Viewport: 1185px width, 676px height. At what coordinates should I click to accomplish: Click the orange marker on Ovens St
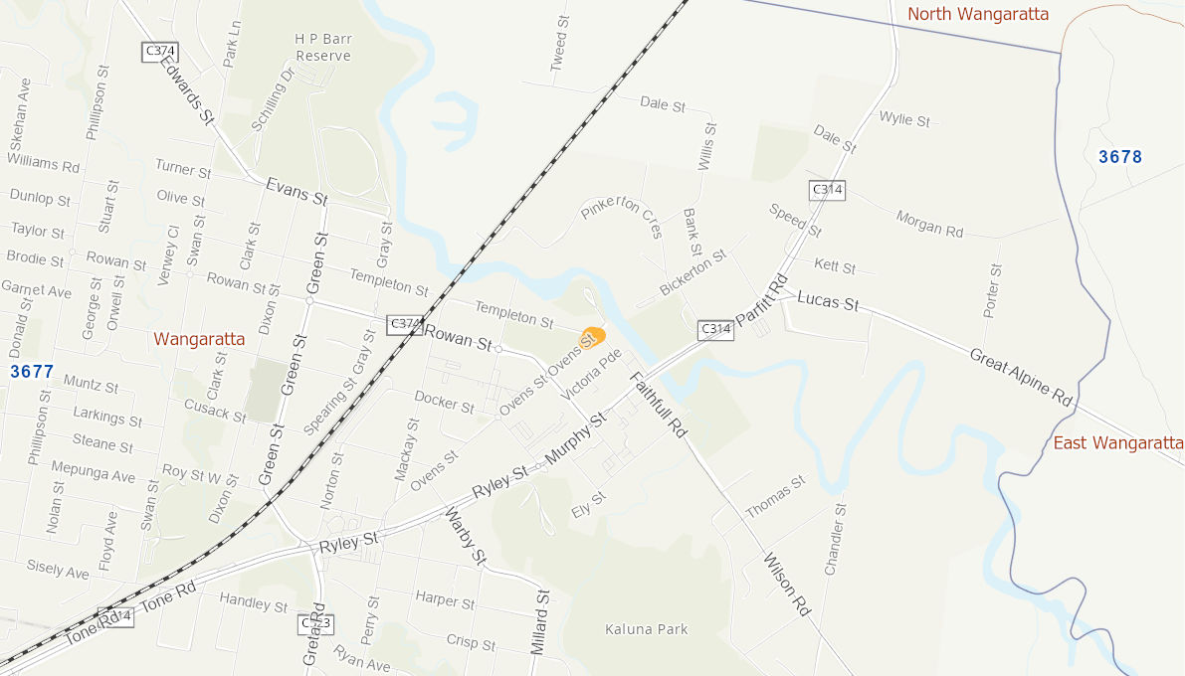pos(594,336)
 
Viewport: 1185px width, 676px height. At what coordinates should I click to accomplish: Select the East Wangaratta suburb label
pos(1118,442)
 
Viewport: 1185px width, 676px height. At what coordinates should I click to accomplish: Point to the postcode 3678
pos(1120,156)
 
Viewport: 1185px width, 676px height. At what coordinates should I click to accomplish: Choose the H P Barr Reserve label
pos(323,47)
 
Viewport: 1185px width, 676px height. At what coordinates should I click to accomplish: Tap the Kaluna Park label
pos(647,629)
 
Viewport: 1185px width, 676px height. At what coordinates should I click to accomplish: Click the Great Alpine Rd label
pos(1021,376)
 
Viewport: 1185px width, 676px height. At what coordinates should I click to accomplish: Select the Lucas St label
pos(828,301)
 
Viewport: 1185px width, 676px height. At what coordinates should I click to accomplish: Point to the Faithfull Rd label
pos(658,405)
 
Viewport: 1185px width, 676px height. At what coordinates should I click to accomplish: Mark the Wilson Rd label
pos(786,586)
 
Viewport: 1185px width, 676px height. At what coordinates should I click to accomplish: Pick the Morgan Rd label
pos(930,223)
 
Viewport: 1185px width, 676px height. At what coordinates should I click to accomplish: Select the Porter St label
pos(991,291)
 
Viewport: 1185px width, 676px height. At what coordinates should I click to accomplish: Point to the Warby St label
pos(465,537)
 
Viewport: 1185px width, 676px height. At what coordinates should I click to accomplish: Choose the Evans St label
pos(296,191)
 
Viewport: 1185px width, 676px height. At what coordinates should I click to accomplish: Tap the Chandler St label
pos(834,539)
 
